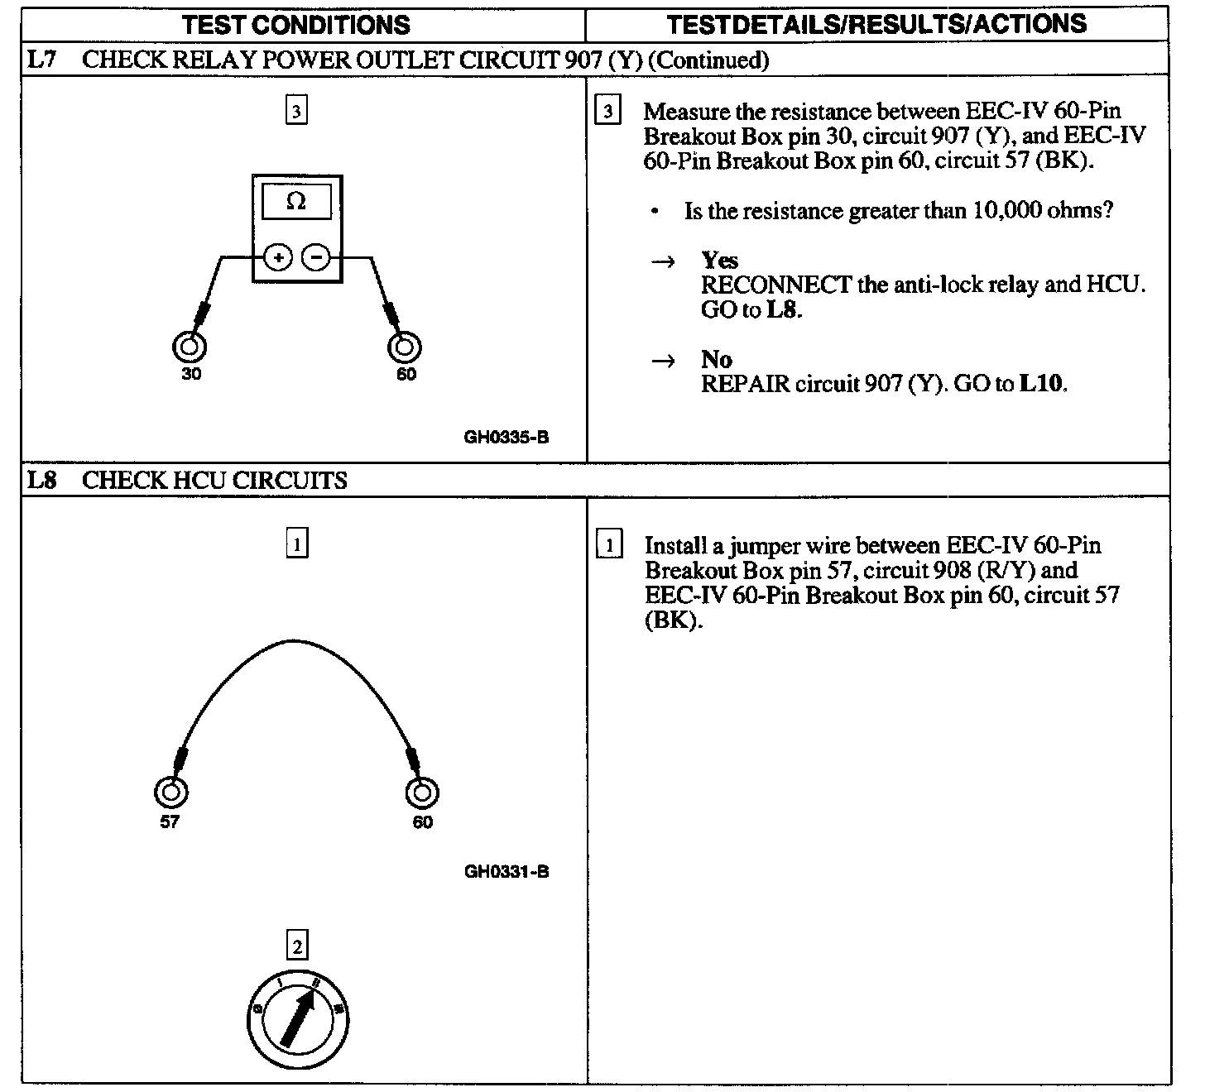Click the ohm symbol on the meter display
296,201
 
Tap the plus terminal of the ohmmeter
279,257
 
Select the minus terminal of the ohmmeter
315,257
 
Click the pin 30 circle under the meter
189,346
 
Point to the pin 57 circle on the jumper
170,792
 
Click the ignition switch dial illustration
298,1018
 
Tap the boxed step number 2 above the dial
296,946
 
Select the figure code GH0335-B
506,437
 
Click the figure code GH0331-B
506,871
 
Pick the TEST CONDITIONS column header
296,24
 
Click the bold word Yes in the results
719,261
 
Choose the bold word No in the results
716,359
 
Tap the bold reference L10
1042,384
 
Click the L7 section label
41,60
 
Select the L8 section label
41,480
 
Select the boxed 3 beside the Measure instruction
607,111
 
